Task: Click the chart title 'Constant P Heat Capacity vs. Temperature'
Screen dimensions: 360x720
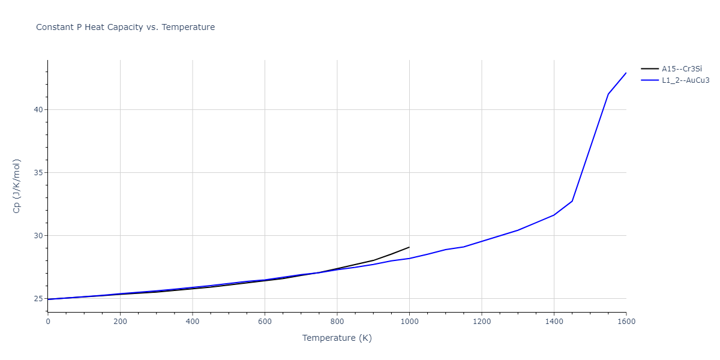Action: pyautogui.click(x=125, y=27)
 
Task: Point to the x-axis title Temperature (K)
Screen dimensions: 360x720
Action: pyautogui.click(x=337, y=338)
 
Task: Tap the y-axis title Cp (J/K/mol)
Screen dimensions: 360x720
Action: pyautogui.click(x=17, y=186)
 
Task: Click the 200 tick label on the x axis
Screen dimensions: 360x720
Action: pyautogui.click(x=120, y=322)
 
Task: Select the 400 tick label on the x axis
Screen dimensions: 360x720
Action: pyautogui.click(x=192, y=322)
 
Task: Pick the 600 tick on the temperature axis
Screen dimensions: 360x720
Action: pyautogui.click(x=265, y=322)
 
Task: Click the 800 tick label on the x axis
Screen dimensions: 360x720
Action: pyautogui.click(x=337, y=322)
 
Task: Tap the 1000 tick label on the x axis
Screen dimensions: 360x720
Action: pyautogui.click(x=409, y=322)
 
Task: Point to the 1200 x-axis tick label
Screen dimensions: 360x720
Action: pyautogui.click(x=481, y=322)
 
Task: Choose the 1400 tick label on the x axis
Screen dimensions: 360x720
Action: pyautogui.click(x=554, y=322)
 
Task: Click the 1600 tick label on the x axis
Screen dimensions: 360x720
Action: pyautogui.click(x=626, y=322)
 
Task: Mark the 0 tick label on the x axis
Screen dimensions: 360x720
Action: pyautogui.click(x=48, y=322)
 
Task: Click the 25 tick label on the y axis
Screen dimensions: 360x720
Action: pyautogui.click(x=38, y=299)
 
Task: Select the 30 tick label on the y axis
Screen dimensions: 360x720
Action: pyautogui.click(x=38, y=236)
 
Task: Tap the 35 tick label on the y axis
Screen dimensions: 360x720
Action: pyautogui.click(x=38, y=173)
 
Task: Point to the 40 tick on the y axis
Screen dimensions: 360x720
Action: pyautogui.click(x=38, y=110)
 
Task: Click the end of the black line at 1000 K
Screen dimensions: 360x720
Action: pyautogui.click(x=409, y=247)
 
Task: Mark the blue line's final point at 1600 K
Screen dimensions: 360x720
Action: pyautogui.click(x=626, y=73)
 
